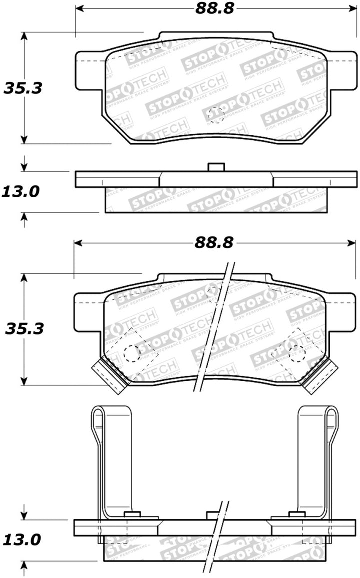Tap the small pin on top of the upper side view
pos(216,167)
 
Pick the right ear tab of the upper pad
pos(342,67)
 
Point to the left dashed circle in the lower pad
pos(132,353)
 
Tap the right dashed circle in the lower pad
pos(297,353)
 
